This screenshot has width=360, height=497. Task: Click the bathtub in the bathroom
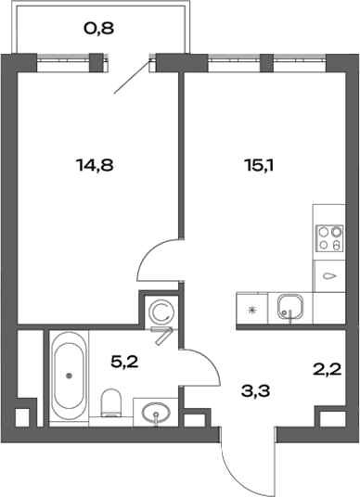click(70, 376)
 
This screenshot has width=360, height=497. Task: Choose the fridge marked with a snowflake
click(251, 308)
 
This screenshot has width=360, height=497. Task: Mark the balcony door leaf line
click(132, 77)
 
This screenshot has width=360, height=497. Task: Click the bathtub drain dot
click(70, 376)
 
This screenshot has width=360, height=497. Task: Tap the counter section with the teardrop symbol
click(328, 275)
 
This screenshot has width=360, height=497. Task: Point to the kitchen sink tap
click(289, 315)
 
